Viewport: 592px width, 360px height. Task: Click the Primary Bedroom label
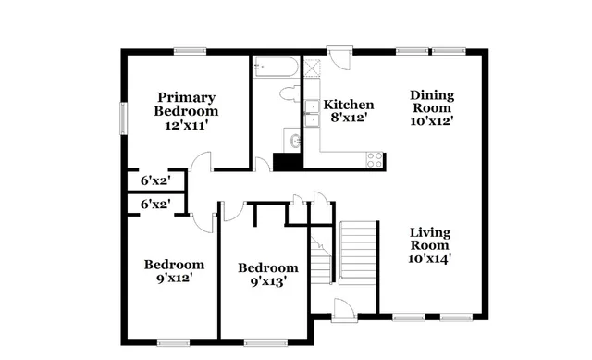pos(186,110)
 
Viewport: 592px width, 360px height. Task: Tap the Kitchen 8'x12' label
pos(348,111)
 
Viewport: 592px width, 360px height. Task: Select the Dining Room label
pos(432,106)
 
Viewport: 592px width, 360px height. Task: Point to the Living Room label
pos(430,245)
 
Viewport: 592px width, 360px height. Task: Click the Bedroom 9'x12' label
pos(174,271)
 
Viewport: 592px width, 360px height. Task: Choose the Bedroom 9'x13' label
pos(268,275)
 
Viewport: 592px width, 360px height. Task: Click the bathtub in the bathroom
pos(276,68)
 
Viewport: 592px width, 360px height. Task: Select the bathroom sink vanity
pos(293,142)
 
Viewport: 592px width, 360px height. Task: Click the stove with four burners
pos(375,158)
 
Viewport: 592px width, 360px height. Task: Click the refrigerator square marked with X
pos(314,68)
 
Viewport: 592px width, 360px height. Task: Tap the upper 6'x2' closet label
pos(154,180)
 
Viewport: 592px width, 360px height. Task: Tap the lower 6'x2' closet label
pos(154,204)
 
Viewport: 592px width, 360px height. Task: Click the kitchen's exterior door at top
pos(340,58)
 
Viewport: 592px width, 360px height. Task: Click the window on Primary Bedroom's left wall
pos(121,118)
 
